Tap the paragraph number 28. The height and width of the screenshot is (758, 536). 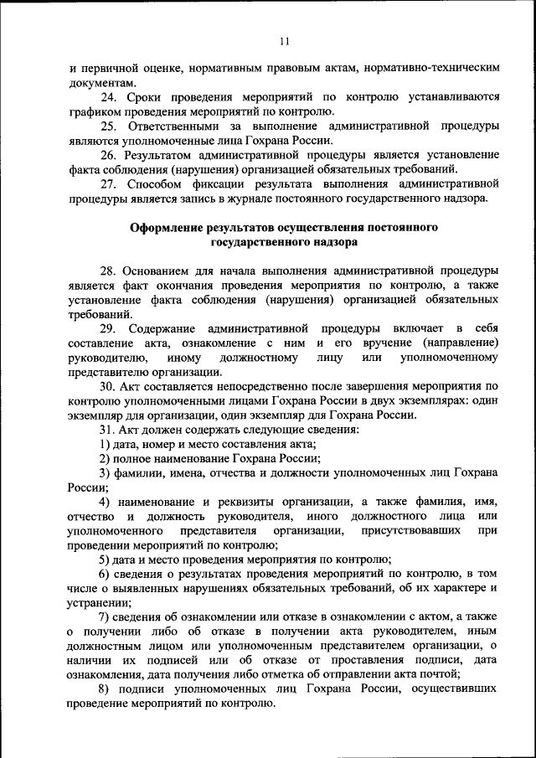[x=108, y=271]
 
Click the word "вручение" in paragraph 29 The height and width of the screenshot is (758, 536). [x=385, y=343]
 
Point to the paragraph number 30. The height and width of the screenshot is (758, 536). [x=108, y=387]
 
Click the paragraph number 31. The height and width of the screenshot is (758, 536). [x=108, y=430]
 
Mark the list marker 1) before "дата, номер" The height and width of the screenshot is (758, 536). [x=105, y=444]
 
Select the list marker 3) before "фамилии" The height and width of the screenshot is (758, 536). [x=105, y=473]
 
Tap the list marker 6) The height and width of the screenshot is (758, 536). [x=105, y=575]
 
